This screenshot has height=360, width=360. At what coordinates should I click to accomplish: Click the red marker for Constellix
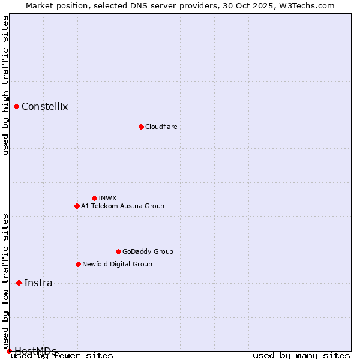(16, 106)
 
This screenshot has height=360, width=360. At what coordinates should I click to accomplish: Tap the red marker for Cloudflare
(141, 127)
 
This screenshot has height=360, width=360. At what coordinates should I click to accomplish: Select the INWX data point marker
(94, 198)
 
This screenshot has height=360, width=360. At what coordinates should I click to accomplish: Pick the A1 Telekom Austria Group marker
(77, 206)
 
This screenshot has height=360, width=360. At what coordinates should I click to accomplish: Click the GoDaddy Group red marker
(118, 251)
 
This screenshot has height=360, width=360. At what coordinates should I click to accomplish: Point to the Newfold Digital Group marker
(78, 264)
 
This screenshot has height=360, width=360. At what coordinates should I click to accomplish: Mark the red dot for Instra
(19, 283)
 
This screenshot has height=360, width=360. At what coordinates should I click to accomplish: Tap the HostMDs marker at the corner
(9, 351)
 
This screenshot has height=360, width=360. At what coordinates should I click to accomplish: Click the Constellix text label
(45, 107)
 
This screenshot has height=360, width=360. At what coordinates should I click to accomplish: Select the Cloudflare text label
(161, 127)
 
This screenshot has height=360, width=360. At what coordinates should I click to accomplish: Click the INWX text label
(107, 198)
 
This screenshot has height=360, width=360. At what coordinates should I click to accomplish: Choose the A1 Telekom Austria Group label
(122, 206)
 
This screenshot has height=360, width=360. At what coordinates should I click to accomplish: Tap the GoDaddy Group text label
(148, 251)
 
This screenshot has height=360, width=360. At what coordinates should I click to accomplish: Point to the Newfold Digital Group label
(117, 264)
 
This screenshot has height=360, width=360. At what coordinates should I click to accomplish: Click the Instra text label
(38, 283)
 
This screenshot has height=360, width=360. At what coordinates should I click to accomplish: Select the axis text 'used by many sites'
(301, 356)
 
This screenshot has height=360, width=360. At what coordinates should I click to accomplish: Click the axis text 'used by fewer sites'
(62, 356)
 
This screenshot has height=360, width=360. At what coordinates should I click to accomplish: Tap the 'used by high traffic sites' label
(5, 85)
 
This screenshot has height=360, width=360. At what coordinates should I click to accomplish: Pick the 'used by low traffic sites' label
(5, 281)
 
